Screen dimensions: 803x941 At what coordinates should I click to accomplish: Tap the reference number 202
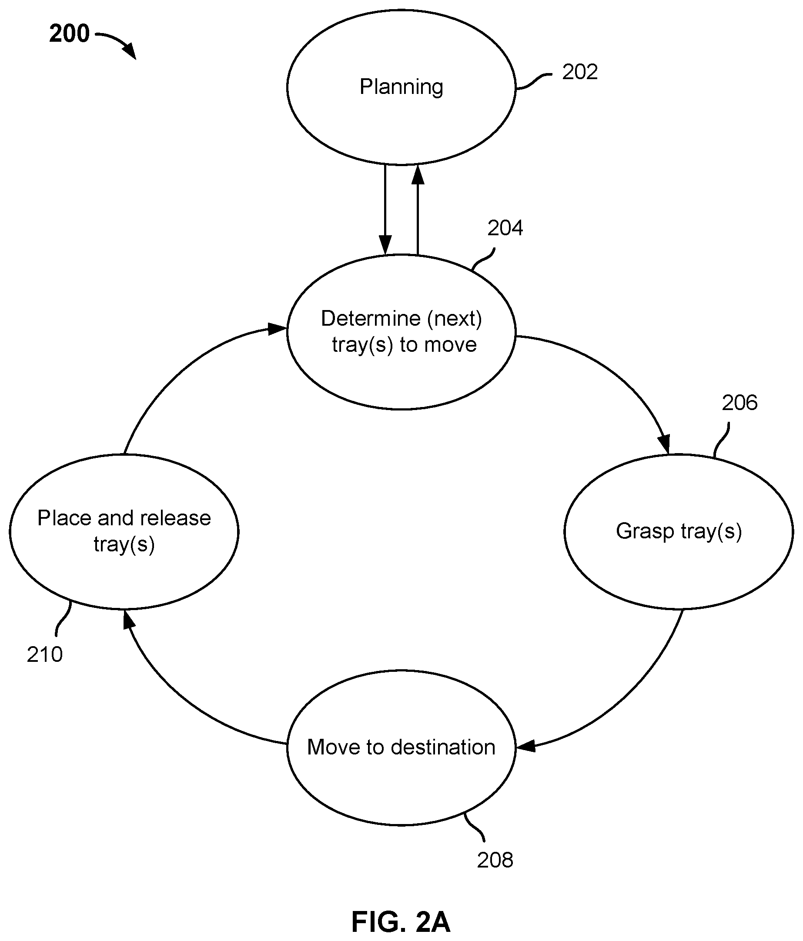pyautogui.click(x=579, y=72)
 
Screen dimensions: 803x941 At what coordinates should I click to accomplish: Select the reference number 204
pyautogui.click(x=505, y=228)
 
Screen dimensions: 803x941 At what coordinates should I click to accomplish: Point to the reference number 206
pyautogui.click(x=740, y=403)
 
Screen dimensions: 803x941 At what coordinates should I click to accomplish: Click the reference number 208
pyautogui.click(x=495, y=860)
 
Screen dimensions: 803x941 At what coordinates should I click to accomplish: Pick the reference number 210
pyautogui.click(x=44, y=654)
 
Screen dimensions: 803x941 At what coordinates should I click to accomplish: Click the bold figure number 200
pyautogui.click(x=69, y=33)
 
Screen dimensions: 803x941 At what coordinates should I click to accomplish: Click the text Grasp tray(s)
pyautogui.click(x=679, y=532)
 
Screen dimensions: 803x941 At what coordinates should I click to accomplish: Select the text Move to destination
pyautogui.click(x=401, y=747)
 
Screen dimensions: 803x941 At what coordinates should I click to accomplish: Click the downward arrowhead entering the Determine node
pyautogui.click(x=385, y=245)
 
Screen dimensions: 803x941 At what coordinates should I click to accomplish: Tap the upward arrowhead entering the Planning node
pyautogui.click(x=418, y=174)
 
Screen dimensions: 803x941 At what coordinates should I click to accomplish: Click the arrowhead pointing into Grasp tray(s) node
pyautogui.click(x=665, y=444)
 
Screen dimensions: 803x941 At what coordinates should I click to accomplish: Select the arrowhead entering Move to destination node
pyautogui.click(x=526, y=746)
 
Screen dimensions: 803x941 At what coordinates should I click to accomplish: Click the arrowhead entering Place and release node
pyautogui.click(x=129, y=620)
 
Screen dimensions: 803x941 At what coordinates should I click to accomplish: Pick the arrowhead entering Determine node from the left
pyautogui.click(x=277, y=328)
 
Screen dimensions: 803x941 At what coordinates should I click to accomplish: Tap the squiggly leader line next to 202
pyautogui.click(x=534, y=81)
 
